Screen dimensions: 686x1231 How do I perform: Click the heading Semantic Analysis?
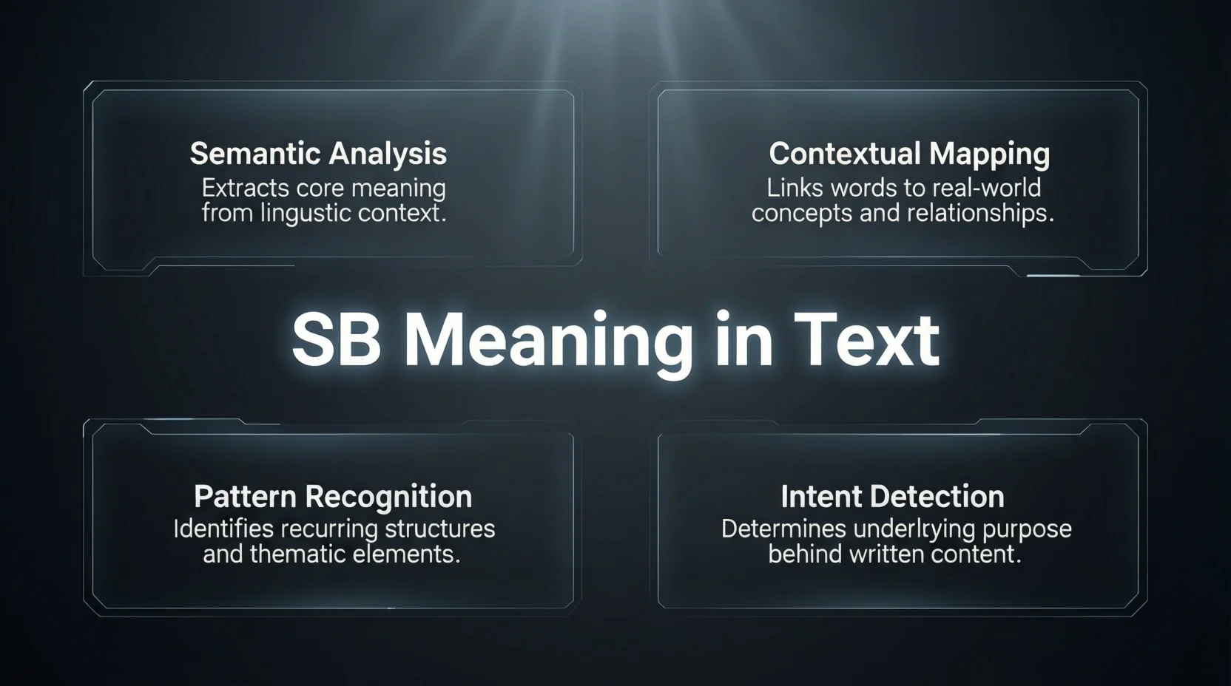318,154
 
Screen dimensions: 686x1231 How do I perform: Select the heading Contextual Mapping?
909,154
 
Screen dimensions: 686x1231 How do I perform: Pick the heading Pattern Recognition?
333,497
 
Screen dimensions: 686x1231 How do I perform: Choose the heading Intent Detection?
892,497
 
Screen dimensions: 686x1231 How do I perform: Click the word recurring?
320,529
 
